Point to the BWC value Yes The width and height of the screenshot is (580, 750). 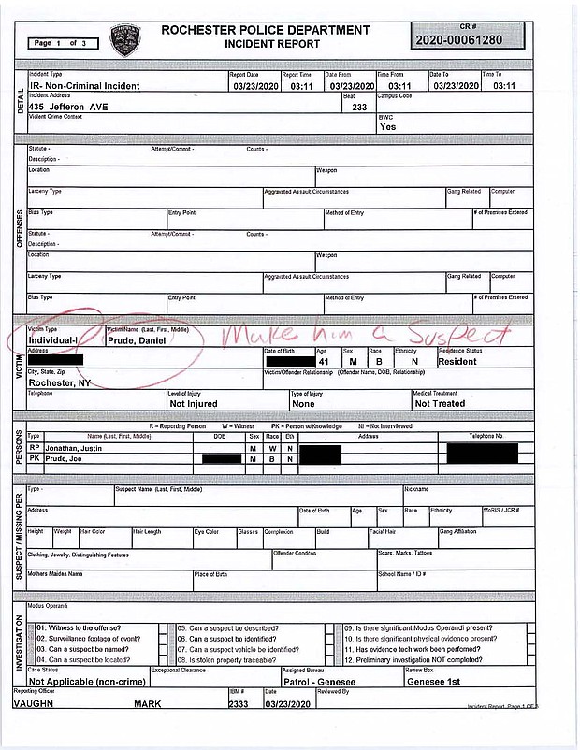pos(387,126)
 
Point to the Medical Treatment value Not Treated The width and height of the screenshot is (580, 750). pos(441,403)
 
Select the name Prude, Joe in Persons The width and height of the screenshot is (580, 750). pos(73,458)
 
